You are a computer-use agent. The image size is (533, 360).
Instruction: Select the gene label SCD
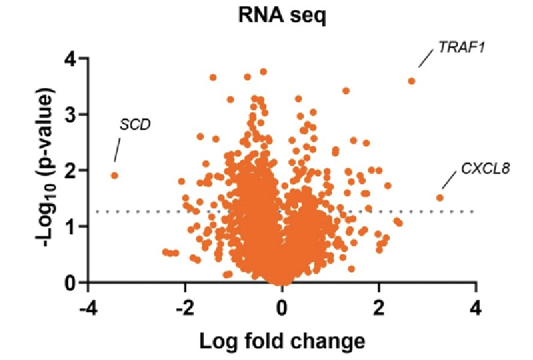(135, 124)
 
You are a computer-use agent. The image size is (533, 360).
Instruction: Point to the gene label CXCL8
(485, 168)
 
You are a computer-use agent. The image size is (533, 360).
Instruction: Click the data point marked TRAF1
(412, 81)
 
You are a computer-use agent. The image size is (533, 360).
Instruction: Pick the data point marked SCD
(115, 175)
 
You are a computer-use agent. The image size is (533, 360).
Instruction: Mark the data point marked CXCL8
(440, 197)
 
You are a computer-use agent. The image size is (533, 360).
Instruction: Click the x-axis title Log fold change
(282, 341)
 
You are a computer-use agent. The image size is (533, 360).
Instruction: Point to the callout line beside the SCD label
(117, 149)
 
